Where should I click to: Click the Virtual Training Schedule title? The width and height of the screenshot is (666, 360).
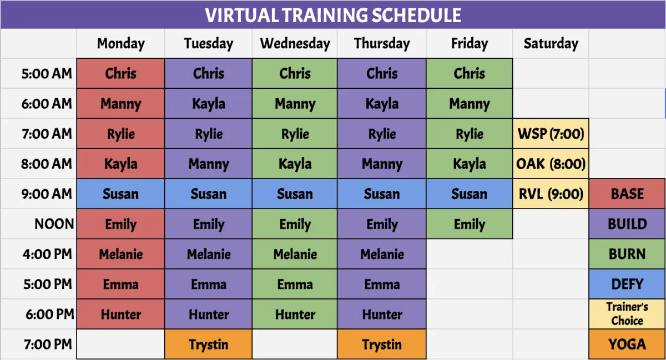tap(333, 15)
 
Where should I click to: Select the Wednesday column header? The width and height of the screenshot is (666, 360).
tap(295, 44)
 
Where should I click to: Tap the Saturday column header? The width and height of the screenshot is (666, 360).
tap(551, 44)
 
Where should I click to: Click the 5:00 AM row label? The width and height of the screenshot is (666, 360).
tap(47, 73)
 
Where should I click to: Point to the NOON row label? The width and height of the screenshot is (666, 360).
tap(54, 224)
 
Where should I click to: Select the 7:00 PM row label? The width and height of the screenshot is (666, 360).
tap(48, 344)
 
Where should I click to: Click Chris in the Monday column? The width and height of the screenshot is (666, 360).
tap(121, 73)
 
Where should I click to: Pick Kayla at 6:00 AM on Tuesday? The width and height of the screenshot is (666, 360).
tap(209, 104)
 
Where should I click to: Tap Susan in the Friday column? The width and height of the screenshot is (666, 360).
tap(470, 194)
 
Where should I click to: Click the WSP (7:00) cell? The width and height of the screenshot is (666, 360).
tap(551, 134)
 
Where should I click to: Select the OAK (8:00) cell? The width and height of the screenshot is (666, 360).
tap(551, 164)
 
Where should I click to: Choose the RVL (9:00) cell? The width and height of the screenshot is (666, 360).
tap(551, 194)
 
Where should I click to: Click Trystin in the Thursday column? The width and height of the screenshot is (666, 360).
tap(382, 344)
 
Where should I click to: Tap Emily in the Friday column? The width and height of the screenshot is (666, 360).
tap(470, 224)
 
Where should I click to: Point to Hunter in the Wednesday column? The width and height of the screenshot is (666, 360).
tap(295, 314)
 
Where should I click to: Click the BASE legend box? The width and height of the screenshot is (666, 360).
tap(627, 194)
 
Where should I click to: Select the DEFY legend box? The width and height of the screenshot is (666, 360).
tap(627, 284)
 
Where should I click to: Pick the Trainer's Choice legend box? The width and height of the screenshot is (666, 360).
tap(627, 314)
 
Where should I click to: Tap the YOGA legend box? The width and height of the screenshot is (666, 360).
tap(627, 344)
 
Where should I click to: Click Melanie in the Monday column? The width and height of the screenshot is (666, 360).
tap(121, 254)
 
